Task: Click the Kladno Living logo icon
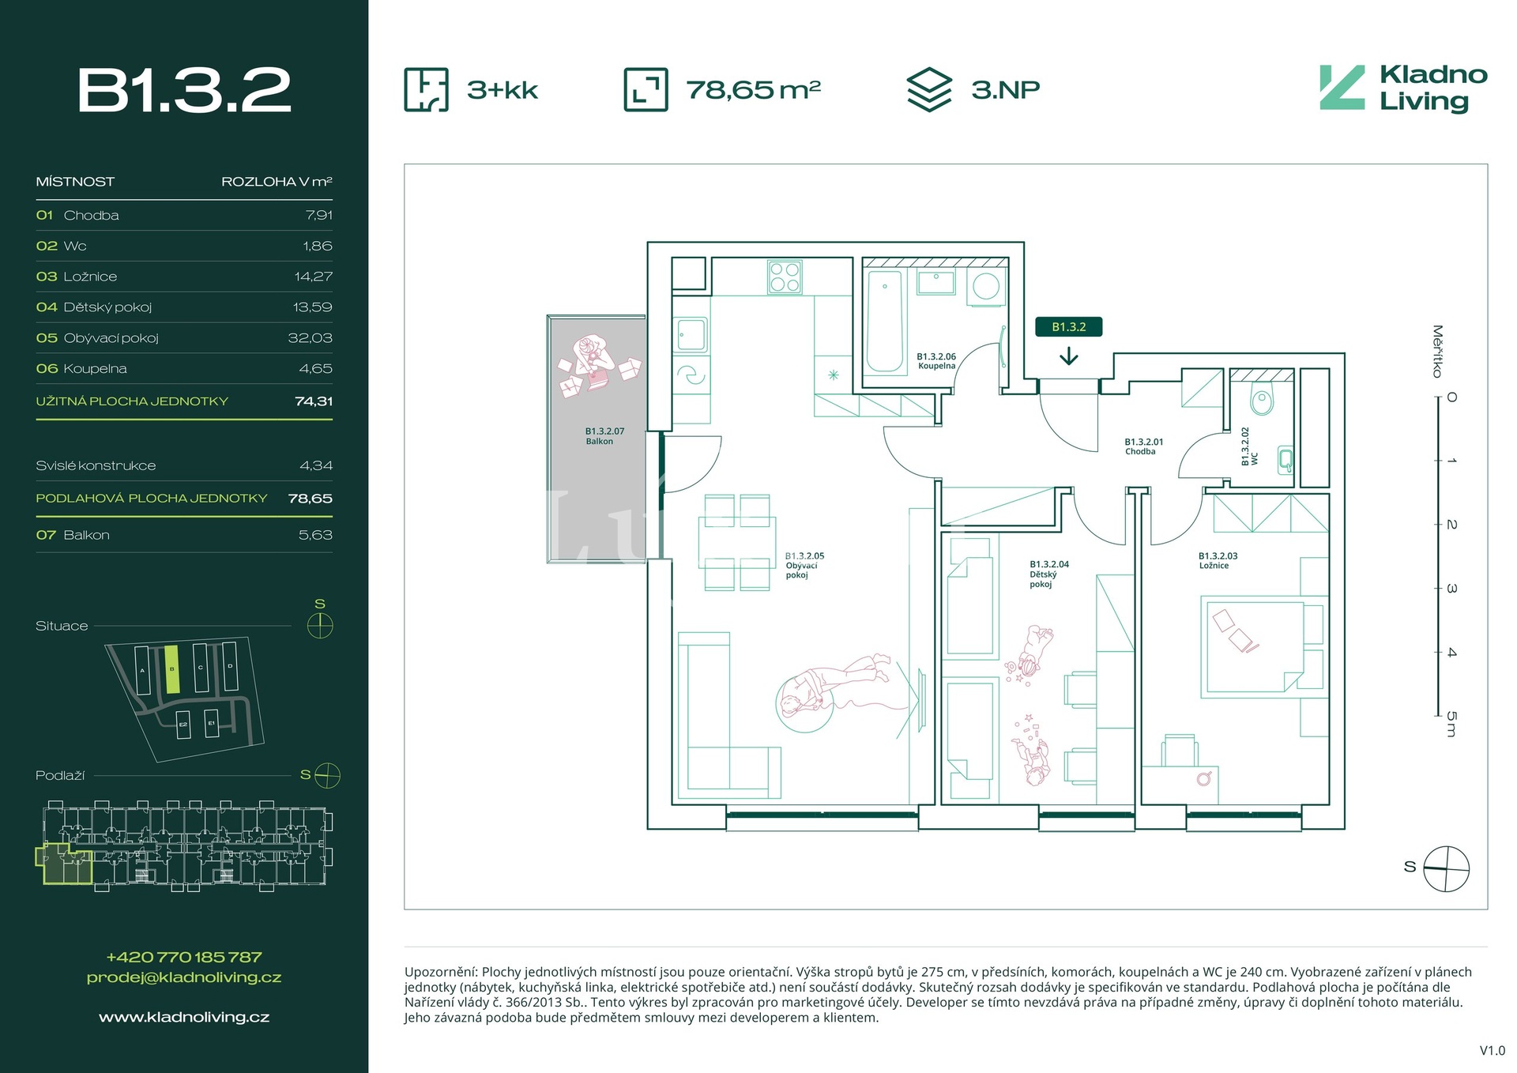point(1342,88)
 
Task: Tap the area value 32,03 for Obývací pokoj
point(310,338)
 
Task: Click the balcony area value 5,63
point(315,535)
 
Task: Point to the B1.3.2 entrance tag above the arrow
point(1068,327)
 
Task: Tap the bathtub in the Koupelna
point(886,321)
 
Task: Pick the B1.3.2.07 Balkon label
point(604,436)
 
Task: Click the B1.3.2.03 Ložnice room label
point(1218,561)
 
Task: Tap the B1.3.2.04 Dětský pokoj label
point(1049,574)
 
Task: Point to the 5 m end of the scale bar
point(1438,716)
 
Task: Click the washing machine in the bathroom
point(986,286)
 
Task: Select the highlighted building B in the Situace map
point(171,669)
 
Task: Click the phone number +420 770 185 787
point(184,957)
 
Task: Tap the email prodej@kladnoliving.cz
point(184,977)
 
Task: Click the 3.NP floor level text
point(1005,89)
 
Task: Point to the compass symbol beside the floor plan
point(1446,869)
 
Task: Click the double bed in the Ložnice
point(1252,648)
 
